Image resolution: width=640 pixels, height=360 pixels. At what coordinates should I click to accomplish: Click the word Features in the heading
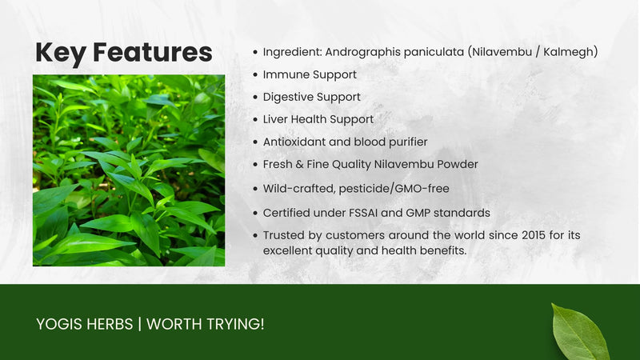pos(152,53)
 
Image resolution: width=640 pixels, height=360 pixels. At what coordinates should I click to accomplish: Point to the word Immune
pos(286,74)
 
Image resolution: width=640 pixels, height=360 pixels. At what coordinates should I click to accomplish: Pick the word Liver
pos(276,119)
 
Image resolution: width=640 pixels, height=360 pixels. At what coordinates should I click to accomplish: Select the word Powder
pos(455,164)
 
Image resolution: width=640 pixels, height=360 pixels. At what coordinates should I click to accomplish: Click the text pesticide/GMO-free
pos(404,190)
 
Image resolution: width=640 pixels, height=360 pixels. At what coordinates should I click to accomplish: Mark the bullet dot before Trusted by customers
pos(254,236)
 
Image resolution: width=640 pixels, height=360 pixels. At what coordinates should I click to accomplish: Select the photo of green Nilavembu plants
pos(128,170)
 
